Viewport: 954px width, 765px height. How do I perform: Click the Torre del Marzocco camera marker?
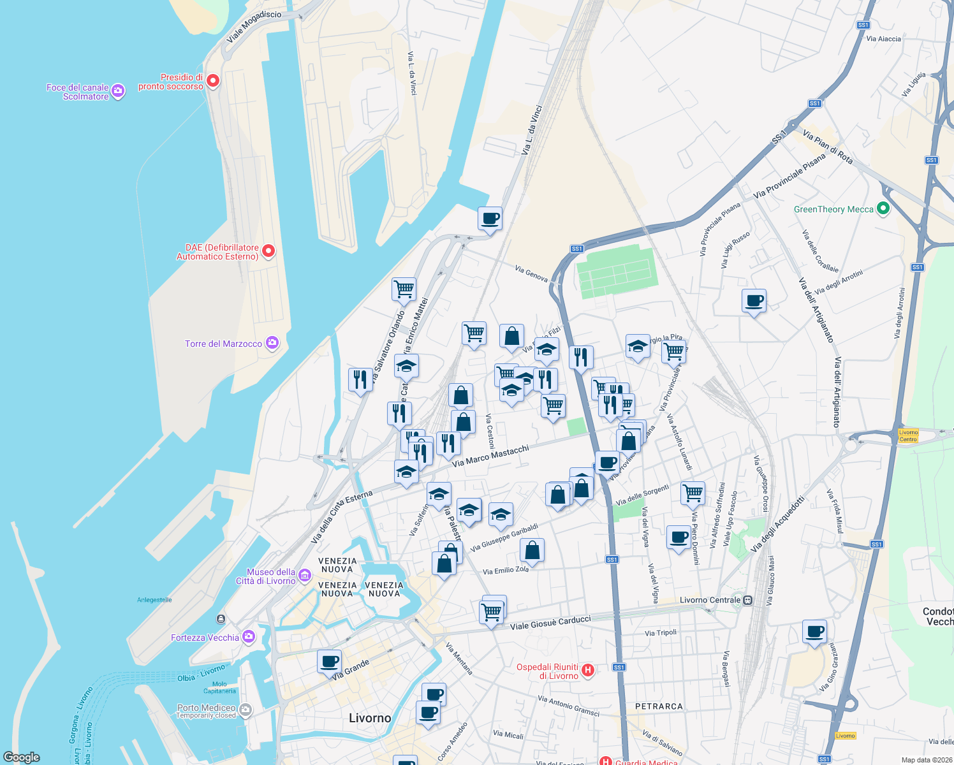point(272,344)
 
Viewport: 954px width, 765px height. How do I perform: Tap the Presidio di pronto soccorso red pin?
point(214,81)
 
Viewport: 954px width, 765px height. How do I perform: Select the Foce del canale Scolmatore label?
point(78,92)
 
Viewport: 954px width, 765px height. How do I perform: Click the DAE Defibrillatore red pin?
point(268,251)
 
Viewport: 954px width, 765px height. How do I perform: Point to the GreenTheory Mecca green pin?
point(883,208)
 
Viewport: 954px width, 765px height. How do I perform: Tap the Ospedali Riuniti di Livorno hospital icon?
point(588,670)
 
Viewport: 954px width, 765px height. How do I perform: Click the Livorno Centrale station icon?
point(748,600)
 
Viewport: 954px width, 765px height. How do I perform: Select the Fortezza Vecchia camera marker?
point(249,637)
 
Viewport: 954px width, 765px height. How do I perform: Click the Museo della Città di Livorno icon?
point(305,576)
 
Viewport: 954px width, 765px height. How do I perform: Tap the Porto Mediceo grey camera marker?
point(246,709)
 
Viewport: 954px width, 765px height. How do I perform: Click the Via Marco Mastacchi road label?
point(490,456)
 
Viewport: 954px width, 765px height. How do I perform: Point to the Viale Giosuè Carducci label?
point(550,622)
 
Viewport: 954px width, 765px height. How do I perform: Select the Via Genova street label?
point(531,273)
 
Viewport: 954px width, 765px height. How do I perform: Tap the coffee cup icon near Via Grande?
point(329,662)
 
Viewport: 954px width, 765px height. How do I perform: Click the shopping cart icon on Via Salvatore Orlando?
point(404,289)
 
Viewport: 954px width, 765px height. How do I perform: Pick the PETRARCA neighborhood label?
point(659,706)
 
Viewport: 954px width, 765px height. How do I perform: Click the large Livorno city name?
point(370,718)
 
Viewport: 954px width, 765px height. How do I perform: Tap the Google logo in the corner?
point(22,757)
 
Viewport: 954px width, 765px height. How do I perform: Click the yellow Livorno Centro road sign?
point(908,436)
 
